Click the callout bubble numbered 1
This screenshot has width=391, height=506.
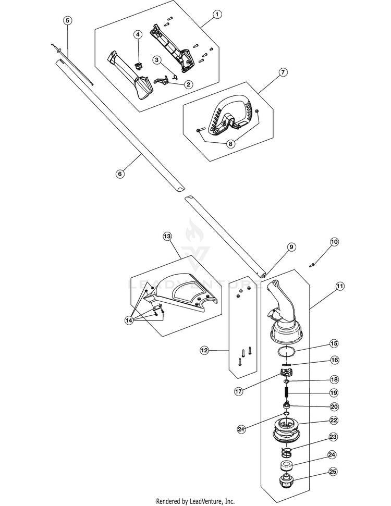click(x=217, y=14)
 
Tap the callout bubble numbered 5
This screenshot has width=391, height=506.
click(x=67, y=20)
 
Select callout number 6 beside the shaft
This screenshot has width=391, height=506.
click(x=120, y=174)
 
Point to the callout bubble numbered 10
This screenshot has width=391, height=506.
click(x=335, y=242)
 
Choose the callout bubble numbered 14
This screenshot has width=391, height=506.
click(x=129, y=320)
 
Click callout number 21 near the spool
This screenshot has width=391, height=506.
click(x=241, y=429)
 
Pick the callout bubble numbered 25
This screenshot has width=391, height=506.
click(x=333, y=472)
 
